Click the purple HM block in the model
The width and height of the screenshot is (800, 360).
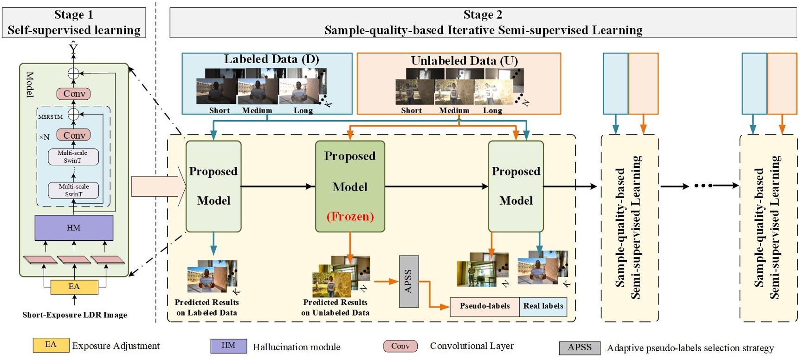74,228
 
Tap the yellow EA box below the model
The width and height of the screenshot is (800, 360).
74,287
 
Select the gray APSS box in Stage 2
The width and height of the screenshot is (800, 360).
409,281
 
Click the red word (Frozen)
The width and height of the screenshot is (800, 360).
350,216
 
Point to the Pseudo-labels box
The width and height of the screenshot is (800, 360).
484,306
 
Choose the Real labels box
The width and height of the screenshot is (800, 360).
543,306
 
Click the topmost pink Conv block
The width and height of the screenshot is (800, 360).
74,94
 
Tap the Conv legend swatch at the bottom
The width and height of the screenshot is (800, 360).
400,346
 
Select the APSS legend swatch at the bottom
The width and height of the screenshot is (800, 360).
580,347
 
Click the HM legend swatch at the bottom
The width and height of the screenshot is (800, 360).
228,346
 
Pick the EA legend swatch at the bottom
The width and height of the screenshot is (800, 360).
51,345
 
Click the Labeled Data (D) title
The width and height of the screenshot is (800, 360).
271,59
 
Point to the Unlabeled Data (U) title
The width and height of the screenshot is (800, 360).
464,61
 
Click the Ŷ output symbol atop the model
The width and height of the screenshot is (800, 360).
73,48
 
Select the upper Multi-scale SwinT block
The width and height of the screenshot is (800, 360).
73,157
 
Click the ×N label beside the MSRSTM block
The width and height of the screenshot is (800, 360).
44,137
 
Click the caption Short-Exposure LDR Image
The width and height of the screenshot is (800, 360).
75,315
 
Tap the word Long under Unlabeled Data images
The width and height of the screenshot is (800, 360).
492,110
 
